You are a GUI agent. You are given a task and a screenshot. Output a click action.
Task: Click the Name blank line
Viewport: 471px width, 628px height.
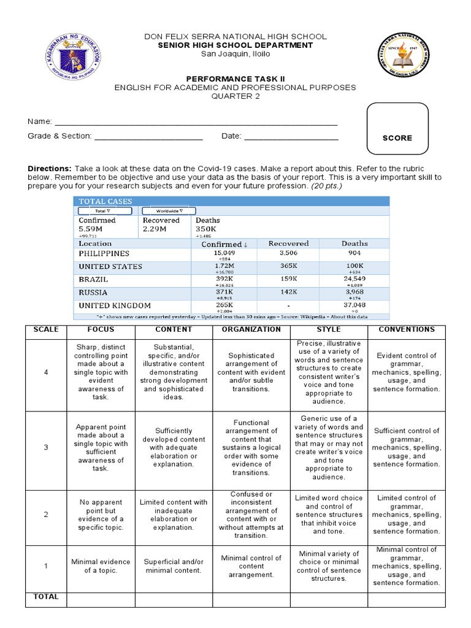[196, 122]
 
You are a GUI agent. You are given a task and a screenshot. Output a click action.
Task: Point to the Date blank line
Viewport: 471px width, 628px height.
[291, 136]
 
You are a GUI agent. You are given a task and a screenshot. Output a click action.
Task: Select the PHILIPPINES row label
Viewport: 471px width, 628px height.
[104, 253]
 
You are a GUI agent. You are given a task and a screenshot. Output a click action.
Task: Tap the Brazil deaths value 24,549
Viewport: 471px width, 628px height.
[354, 279]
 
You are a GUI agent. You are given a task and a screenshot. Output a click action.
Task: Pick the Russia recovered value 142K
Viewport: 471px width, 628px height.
[288, 293]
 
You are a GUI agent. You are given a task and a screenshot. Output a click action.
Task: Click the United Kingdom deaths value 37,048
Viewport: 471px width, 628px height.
[354, 305]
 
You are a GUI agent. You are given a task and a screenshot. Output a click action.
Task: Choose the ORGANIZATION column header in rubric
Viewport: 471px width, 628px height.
[251, 329]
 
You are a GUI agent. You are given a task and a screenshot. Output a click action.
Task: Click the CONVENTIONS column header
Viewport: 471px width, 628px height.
[406, 329]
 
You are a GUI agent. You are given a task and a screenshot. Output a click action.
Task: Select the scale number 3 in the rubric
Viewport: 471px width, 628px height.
[45, 448]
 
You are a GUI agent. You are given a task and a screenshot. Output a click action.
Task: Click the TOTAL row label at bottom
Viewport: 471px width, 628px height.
[45, 597]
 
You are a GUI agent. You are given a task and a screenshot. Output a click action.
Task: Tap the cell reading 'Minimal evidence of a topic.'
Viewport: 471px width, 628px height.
[101, 566]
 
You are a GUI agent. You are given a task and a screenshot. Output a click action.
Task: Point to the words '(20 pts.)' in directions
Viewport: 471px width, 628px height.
[326, 186]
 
